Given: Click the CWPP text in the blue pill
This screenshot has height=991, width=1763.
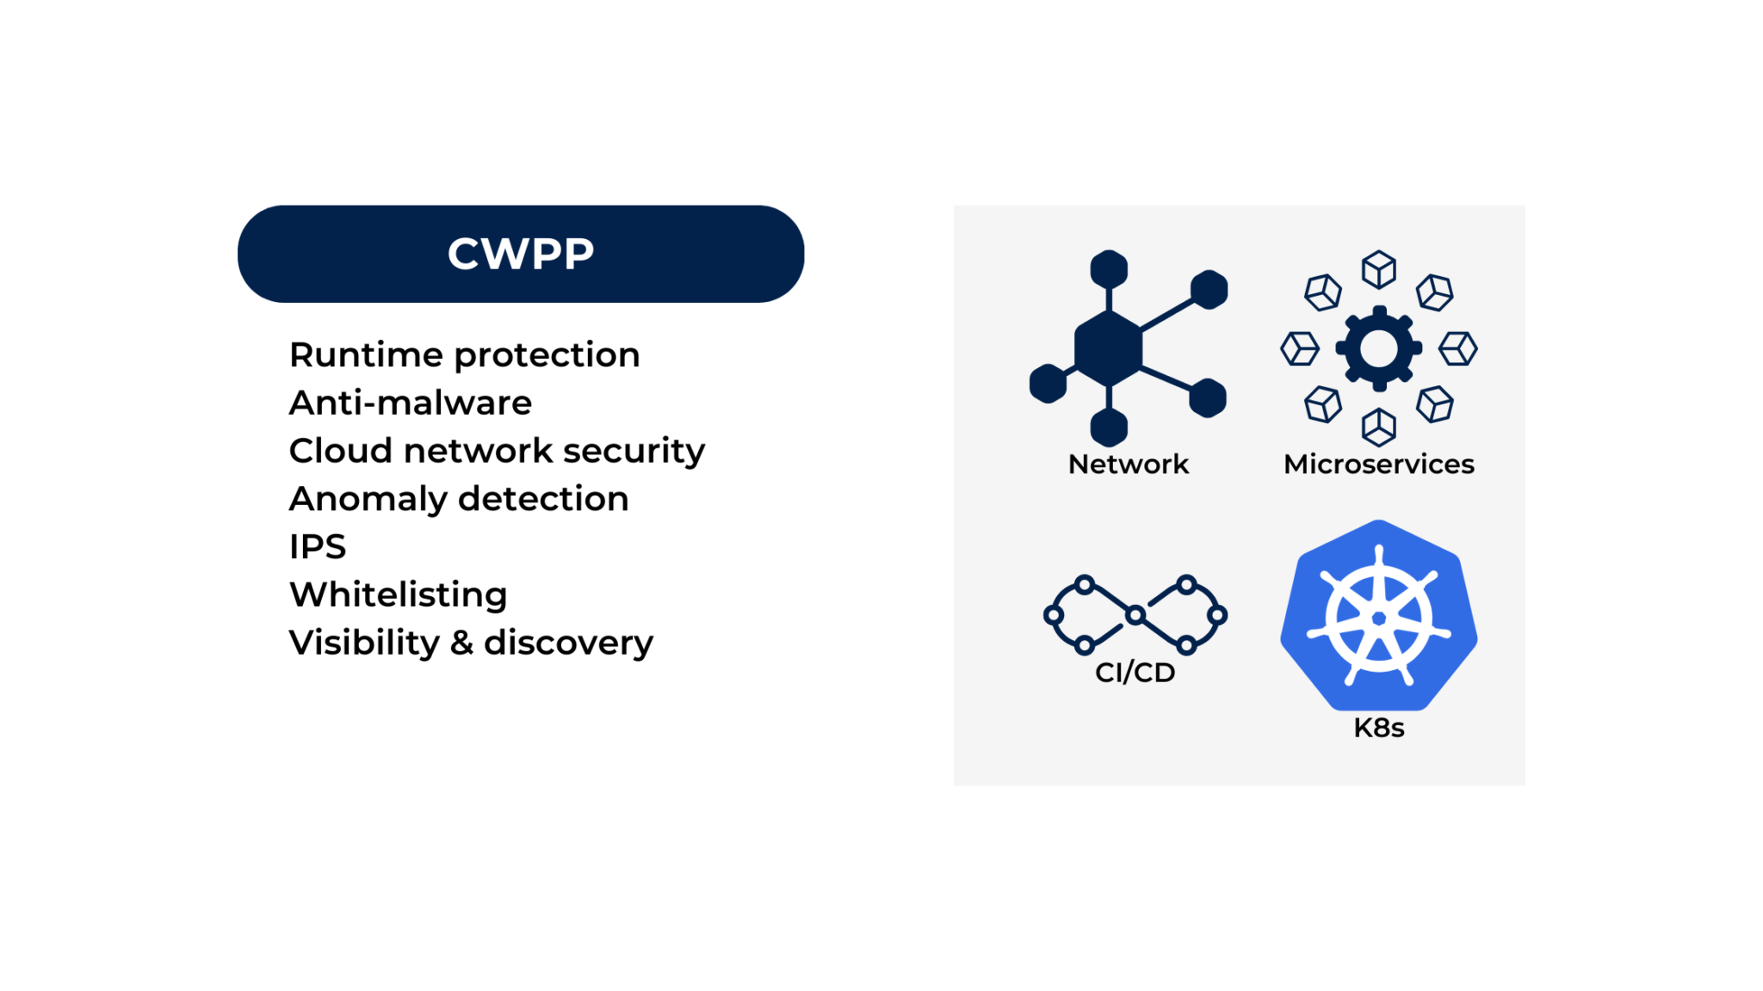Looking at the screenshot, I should [x=520, y=254].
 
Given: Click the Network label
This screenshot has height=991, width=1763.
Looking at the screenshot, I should [x=1128, y=465].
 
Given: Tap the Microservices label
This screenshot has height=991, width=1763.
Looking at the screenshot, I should [x=1378, y=465].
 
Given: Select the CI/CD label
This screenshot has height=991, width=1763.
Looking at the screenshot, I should [x=1135, y=673].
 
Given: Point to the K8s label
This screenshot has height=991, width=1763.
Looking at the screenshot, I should [x=1378, y=728].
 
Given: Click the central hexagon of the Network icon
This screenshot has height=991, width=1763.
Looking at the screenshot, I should [x=1109, y=348].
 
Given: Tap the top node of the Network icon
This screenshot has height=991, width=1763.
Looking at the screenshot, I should [x=1109, y=269].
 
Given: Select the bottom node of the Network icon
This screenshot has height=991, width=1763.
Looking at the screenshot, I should [x=1109, y=428].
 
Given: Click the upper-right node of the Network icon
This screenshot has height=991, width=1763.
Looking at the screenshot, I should [x=1209, y=290].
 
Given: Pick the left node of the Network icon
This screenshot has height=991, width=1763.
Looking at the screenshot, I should [x=1048, y=384].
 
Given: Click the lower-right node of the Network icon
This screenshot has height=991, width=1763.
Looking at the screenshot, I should [x=1207, y=398].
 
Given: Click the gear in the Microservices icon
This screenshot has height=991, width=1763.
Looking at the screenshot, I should [x=1378, y=348].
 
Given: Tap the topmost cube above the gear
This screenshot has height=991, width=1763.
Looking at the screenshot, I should [x=1378, y=270].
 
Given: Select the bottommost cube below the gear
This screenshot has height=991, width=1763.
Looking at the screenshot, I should [x=1378, y=427].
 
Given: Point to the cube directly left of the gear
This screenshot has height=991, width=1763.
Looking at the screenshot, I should [x=1300, y=348].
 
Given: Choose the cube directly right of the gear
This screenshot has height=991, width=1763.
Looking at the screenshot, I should [x=1457, y=348].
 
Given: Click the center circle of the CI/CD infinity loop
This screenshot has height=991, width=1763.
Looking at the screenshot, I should [x=1135, y=614].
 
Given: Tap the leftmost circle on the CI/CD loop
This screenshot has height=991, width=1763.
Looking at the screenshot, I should [x=1053, y=615].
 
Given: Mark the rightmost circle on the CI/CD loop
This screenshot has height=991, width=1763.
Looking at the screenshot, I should [x=1217, y=615].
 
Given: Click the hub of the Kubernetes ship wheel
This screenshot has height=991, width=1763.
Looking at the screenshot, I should [x=1378, y=619].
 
